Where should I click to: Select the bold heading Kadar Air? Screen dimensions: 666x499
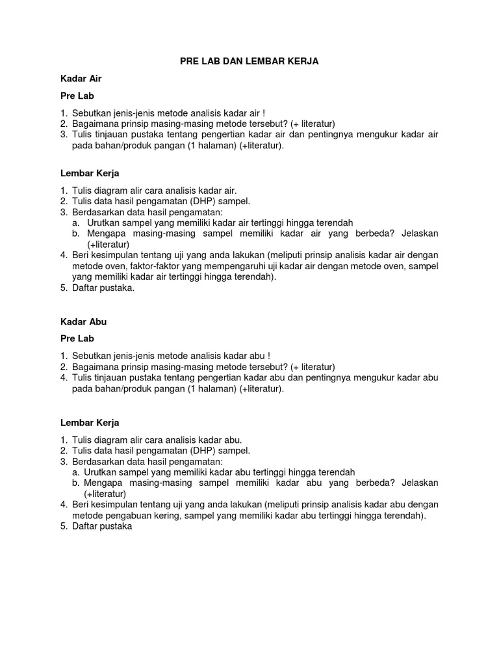tap(81, 78)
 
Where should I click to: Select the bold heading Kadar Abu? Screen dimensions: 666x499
tap(83, 321)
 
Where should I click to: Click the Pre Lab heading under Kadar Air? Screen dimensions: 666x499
tap(77, 96)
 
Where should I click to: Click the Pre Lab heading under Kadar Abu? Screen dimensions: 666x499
tap(77, 338)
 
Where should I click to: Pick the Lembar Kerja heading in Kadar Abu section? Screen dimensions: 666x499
tap(90, 423)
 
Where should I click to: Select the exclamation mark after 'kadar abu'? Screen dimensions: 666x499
tap(268, 356)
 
